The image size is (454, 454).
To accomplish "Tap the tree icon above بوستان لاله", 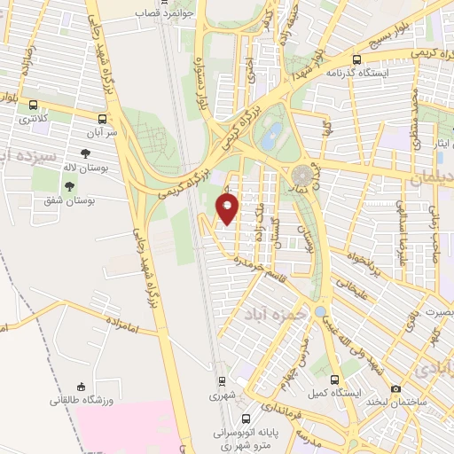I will pyautogui.click(x=85, y=153).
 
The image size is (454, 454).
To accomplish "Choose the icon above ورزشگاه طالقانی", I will pyautogui.click(x=82, y=387).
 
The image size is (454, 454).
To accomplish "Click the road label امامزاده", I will pyautogui.click(x=115, y=327).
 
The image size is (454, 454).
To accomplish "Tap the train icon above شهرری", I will pyautogui.click(x=221, y=383).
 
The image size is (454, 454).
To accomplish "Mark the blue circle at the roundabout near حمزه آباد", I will pyautogui.click(x=319, y=312).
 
